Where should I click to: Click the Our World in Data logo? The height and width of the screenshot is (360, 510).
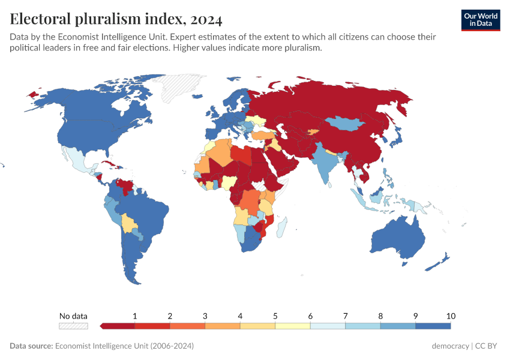481,20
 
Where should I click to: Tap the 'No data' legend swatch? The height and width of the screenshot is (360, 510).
73,326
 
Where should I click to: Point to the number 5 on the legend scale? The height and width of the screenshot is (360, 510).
275,316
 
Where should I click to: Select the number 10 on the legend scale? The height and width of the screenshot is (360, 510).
451,316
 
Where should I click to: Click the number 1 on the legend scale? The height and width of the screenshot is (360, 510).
135,316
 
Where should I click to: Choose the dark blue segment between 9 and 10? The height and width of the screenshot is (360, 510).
433,326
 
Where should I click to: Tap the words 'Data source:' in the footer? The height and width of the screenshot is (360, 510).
31,346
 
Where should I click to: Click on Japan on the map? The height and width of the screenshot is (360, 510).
396,138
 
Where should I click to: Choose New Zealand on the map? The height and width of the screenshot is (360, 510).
442,260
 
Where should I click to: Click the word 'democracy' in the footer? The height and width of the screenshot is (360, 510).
450,346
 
